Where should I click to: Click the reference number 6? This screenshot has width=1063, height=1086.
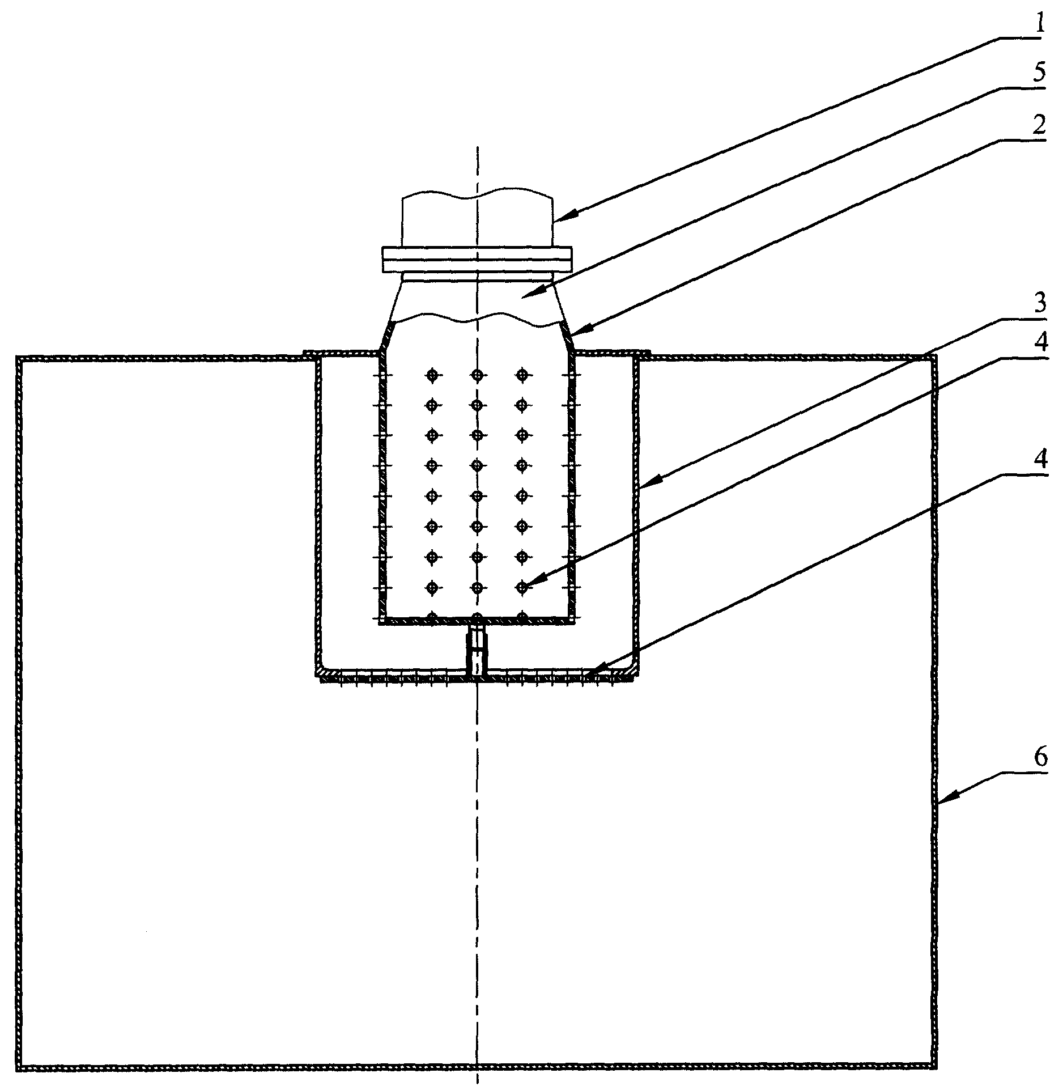(1038, 758)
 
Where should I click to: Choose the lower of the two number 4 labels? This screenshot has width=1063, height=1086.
(1038, 461)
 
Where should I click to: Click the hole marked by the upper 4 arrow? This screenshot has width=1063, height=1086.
(522, 587)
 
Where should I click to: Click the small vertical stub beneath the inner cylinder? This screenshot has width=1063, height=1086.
(477, 650)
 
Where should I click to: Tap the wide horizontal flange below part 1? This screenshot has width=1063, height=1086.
(477, 260)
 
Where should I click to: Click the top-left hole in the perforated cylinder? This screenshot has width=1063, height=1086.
(432, 375)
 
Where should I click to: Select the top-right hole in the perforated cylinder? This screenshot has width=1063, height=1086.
(522, 375)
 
